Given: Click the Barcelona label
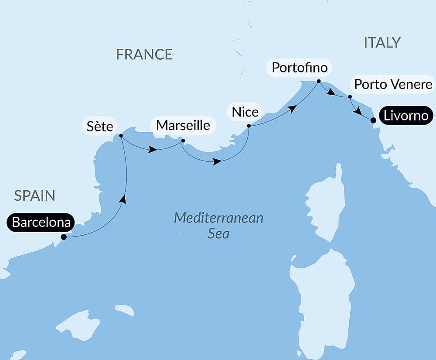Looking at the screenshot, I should (x=41, y=223).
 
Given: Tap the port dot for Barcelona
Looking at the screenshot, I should (x=64, y=237).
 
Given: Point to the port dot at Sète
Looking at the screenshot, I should (x=121, y=136).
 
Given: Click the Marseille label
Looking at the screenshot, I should (x=183, y=125).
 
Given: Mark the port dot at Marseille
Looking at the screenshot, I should (x=183, y=141).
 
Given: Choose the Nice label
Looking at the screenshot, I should (x=245, y=112).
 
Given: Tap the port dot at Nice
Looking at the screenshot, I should (x=249, y=126).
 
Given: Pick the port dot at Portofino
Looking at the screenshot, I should (x=319, y=81).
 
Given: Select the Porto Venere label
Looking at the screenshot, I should (x=393, y=84).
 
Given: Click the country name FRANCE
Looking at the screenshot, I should (x=144, y=55).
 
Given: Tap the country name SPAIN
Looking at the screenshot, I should (x=34, y=195).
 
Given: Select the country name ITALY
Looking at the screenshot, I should (x=382, y=42).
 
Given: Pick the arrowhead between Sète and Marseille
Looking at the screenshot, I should (x=153, y=150).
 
